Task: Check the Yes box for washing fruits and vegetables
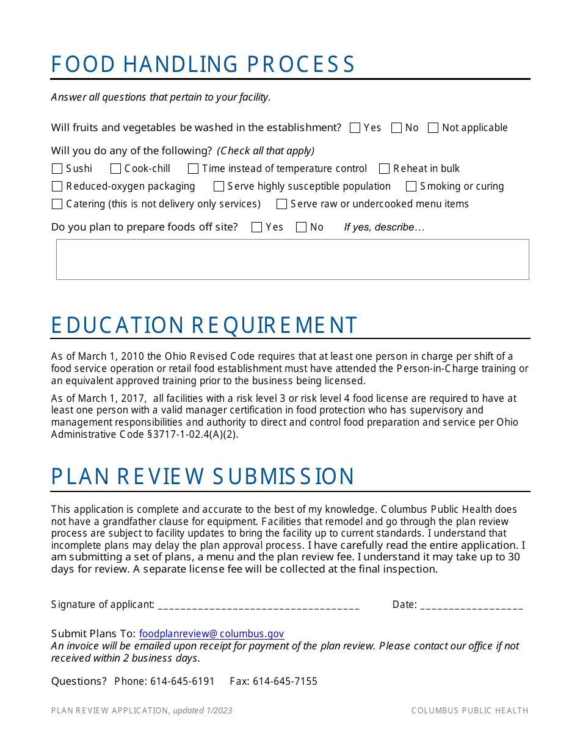355,128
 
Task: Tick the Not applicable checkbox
433,128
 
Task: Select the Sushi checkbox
57,169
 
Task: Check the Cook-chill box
115,169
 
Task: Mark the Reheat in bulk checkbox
384,169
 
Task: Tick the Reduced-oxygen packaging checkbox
57,187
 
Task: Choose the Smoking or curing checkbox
411,187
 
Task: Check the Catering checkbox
57,204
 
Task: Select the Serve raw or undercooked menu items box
281,204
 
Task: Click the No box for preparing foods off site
301,227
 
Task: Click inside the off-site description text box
292,259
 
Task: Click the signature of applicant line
258,605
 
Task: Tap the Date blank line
471,605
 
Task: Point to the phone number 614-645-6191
183,682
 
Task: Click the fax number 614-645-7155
285,682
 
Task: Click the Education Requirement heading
204,326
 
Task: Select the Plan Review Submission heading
203,477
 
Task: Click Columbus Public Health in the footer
469,710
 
